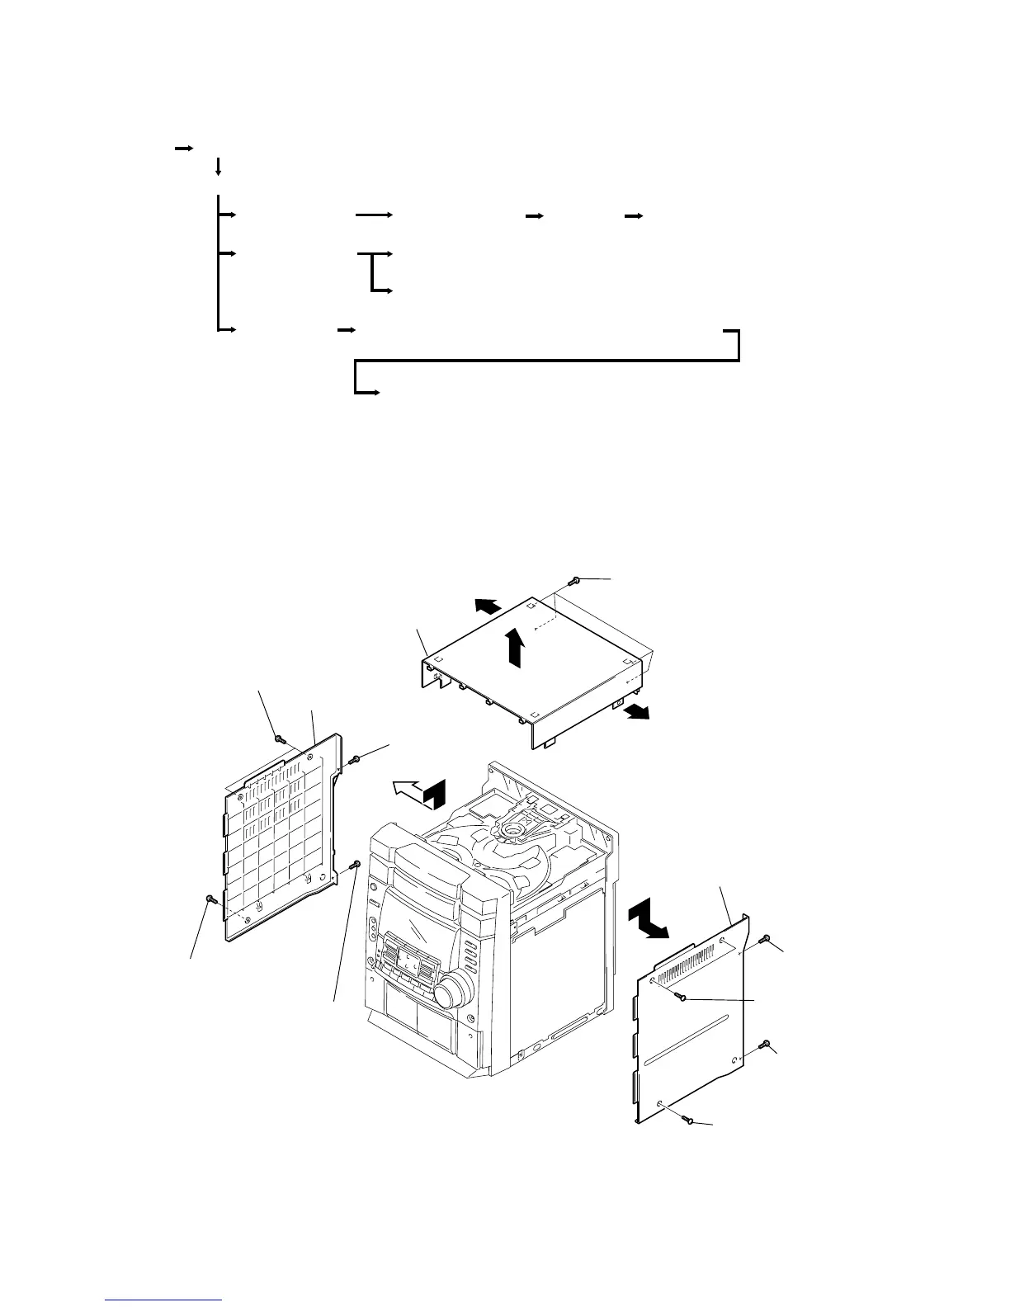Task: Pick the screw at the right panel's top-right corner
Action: coord(765,939)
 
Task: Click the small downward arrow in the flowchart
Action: coord(218,167)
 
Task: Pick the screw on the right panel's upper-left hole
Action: coord(681,996)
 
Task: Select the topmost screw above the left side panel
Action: coord(280,738)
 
